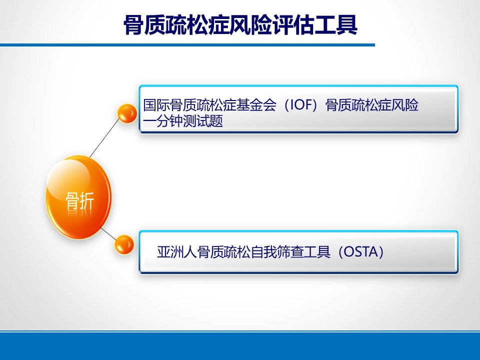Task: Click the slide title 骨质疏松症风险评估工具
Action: coord(240,25)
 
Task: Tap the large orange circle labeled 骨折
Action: coord(78,197)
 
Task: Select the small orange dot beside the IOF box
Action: coord(127,113)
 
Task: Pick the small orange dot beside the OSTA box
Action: coord(124,244)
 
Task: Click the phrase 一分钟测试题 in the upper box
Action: coord(183,121)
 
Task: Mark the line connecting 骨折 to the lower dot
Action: coord(108,234)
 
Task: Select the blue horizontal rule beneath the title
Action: coord(187,45)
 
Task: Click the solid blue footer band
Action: coord(240,346)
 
